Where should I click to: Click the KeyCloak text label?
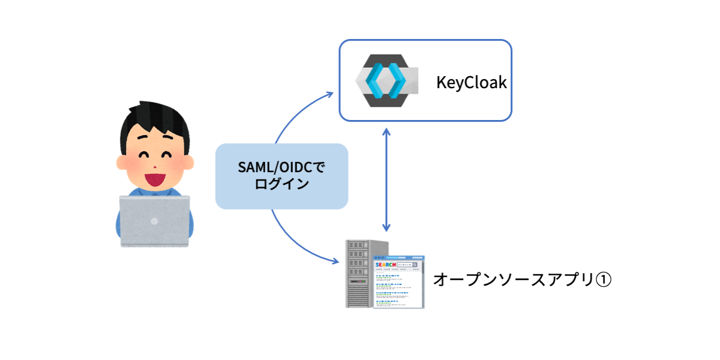tap(471, 82)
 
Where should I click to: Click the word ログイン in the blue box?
tap(281, 184)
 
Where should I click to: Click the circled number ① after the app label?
tap(602, 280)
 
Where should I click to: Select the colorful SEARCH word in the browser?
tap(384, 265)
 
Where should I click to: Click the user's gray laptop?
tap(154, 221)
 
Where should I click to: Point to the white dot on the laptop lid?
tap(154, 221)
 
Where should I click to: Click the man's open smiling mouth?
tap(154, 177)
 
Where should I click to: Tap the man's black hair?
tap(154, 120)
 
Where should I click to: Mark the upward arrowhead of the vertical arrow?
tap(387, 131)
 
